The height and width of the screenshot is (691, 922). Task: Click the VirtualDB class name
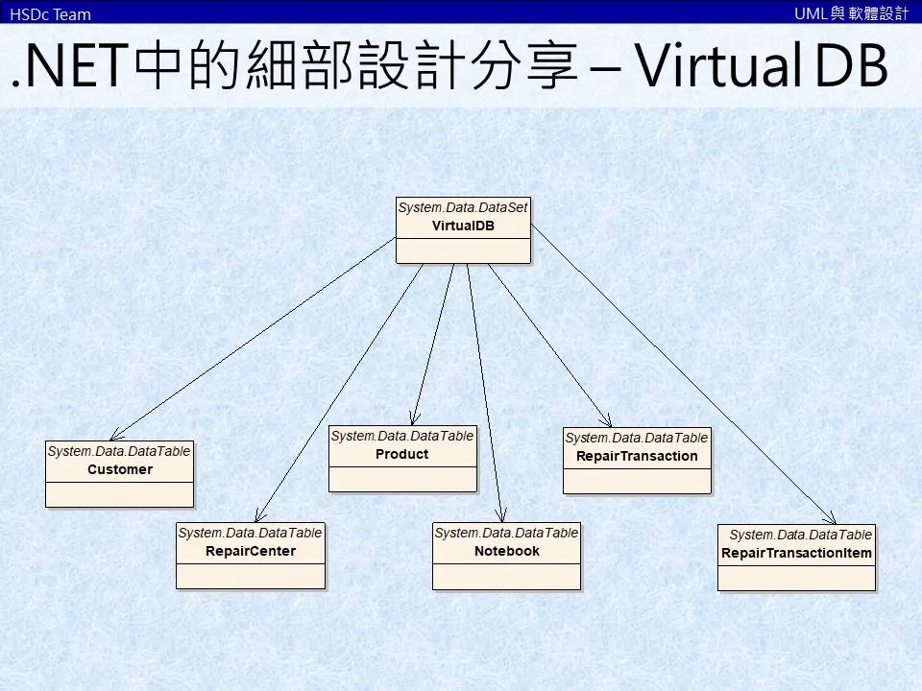[x=463, y=226]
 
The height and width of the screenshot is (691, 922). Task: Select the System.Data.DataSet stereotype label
[x=463, y=207]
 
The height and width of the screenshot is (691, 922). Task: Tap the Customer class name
[x=120, y=469]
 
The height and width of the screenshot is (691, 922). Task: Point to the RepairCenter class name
[x=251, y=551]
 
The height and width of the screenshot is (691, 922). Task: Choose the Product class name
[x=402, y=454]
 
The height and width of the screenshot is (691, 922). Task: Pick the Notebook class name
[x=507, y=551]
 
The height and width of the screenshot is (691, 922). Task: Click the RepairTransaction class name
[x=637, y=456]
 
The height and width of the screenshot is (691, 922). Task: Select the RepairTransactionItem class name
[x=797, y=553]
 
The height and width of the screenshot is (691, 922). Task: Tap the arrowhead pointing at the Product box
[x=413, y=418]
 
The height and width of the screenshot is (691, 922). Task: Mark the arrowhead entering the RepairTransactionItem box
[x=832, y=518]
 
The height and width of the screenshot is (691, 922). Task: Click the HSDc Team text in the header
[x=50, y=13]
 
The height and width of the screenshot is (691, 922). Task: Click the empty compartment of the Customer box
[x=120, y=493]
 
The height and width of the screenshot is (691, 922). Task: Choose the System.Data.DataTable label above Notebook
[x=507, y=532]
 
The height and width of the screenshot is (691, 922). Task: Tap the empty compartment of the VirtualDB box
[x=463, y=250]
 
